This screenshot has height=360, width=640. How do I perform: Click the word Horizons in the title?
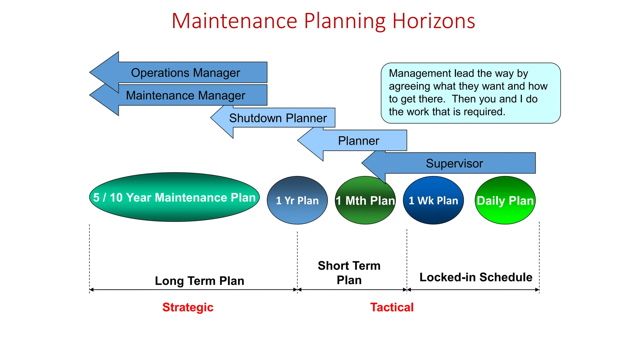tap(433, 21)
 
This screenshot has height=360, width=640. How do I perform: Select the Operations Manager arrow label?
tap(185, 73)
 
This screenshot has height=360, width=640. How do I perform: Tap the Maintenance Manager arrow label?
tap(185, 95)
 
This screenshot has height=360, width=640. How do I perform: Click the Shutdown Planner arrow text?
tap(277, 118)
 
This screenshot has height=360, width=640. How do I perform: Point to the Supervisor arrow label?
tap(454, 163)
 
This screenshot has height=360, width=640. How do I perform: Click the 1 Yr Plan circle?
tap(297, 200)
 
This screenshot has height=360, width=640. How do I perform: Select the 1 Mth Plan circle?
tap(365, 200)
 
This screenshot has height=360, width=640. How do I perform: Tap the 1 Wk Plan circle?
tap(433, 200)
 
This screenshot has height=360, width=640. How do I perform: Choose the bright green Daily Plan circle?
tap(505, 200)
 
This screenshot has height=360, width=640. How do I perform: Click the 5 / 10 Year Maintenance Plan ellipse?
tap(174, 197)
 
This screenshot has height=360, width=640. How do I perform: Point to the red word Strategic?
tap(188, 307)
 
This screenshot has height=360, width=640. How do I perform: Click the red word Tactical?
tap(392, 307)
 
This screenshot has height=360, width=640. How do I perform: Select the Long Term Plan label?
tap(199, 281)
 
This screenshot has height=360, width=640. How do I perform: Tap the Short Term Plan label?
tap(349, 272)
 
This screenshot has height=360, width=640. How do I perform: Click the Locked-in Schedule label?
tap(476, 277)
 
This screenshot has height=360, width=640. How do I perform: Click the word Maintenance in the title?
tap(234, 21)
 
